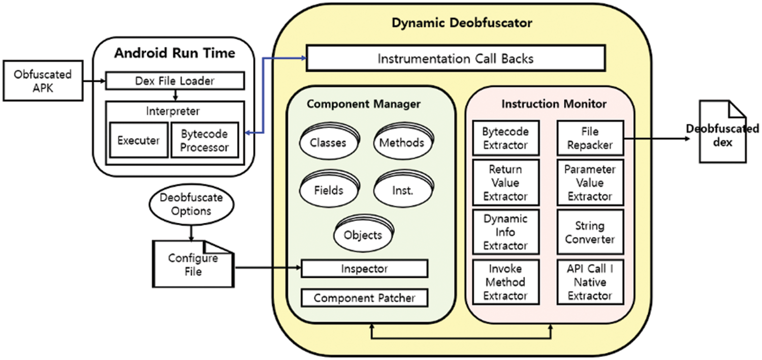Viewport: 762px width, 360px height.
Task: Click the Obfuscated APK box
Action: coord(43,81)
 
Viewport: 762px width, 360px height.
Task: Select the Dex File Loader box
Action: coord(175,81)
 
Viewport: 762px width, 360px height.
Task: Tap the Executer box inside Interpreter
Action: coord(138,141)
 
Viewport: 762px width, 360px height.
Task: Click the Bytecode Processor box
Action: coord(204,141)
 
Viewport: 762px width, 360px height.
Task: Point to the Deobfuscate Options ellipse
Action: coord(192,204)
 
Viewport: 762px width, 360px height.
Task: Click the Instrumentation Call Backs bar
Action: coord(455,58)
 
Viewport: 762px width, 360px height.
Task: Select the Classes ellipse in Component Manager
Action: coord(328,143)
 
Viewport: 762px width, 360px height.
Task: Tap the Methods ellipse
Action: coord(401,143)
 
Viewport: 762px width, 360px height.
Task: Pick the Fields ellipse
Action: coord(328,190)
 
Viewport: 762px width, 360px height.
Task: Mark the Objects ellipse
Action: coord(363,235)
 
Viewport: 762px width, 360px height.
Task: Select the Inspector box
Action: coord(364,269)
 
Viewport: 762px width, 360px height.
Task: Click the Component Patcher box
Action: coord(364,298)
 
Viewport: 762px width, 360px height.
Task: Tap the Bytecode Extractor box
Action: coord(505,138)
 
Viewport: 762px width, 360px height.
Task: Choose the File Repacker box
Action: coord(590,138)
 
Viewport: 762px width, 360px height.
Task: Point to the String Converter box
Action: coord(590,233)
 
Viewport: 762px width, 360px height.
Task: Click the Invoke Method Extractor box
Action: coord(505,282)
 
